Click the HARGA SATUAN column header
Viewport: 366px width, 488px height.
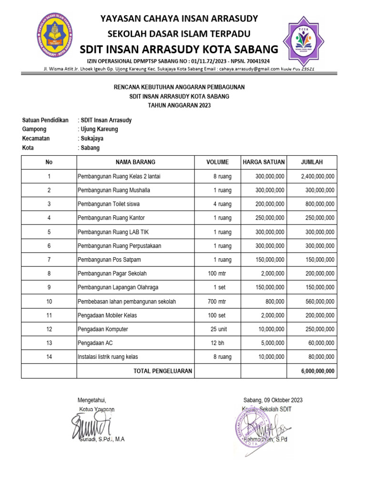tap(264, 162)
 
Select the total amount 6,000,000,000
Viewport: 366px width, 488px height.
tap(318, 371)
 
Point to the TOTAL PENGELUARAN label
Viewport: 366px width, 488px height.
tap(163, 371)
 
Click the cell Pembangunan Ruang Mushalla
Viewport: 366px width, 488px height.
tap(114, 190)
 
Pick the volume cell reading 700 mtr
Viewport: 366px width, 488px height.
tap(217, 302)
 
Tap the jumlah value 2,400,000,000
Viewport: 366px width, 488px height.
tap(318, 176)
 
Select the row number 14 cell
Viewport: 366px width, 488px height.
tap(49, 356)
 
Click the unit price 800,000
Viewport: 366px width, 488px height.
tap(274, 302)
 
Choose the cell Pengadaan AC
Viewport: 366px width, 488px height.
tap(95, 343)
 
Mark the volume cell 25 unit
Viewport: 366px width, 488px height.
tap(221, 329)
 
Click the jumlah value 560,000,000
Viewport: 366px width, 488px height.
tap(318, 302)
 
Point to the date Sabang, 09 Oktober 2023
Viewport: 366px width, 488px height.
tap(273, 400)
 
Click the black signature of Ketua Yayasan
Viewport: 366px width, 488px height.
tap(91, 426)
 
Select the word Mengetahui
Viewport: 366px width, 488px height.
tap(91, 400)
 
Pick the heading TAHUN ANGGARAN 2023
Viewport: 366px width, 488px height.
tap(179, 105)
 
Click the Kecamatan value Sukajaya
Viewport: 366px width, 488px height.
tap(91, 138)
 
